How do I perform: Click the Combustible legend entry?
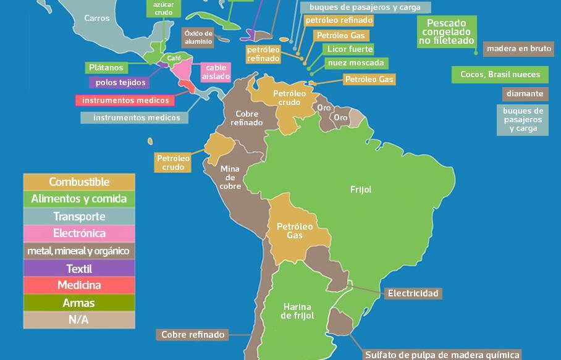(x=79, y=182)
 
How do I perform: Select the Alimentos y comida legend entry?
(x=79, y=199)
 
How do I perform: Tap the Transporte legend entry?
(x=79, y=216)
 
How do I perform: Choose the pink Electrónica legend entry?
(x=79, y=233)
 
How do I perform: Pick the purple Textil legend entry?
(x=79, y=269)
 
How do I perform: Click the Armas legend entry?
(x=79, y=303)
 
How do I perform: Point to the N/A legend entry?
(x=79, y=320)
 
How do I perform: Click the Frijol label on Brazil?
(x=361, y=190)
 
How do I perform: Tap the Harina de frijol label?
(x=297, y=311)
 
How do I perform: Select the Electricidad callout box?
(x=413, y=293)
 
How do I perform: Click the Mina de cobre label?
(x=230, y=177)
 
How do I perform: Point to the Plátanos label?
(x=106, y=67)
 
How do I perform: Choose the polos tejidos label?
(x=121, y=82)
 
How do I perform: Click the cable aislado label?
(x=216, y=72)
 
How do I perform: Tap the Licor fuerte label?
(x=350, y=49)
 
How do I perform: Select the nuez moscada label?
(x=356, y=62)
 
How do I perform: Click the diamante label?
(x=525, y=94)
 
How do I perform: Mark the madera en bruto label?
(x=518, y=48)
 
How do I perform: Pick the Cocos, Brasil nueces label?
(x=500, y=74)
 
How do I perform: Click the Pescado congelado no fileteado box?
(x=447, y=32)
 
